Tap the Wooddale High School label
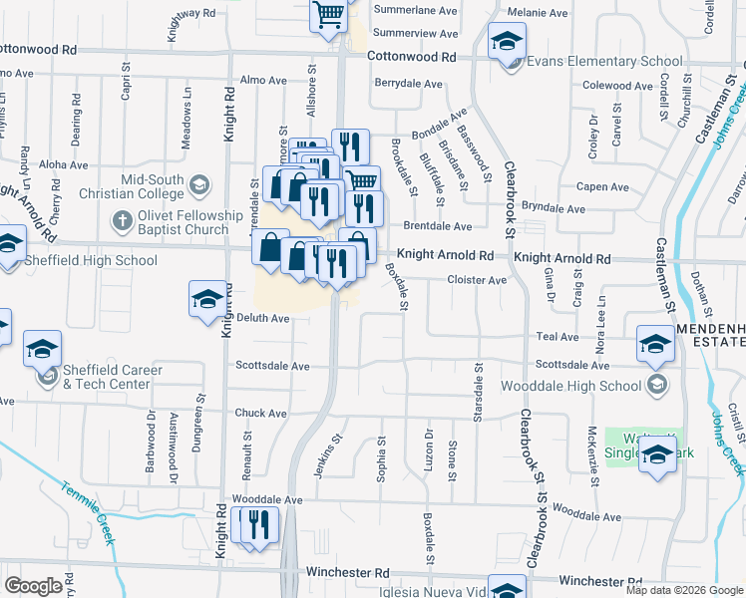(571, 386)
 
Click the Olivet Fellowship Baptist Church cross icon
(122, 219)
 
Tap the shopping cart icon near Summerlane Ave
(328, 15)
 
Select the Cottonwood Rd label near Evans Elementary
(411, 58)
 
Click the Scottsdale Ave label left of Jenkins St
(272, 366)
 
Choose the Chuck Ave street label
(261, 413)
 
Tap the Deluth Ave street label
(263, 319)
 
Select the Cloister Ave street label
(477, 281)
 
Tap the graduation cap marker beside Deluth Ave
(207, 299)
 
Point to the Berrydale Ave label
(408, 84)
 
